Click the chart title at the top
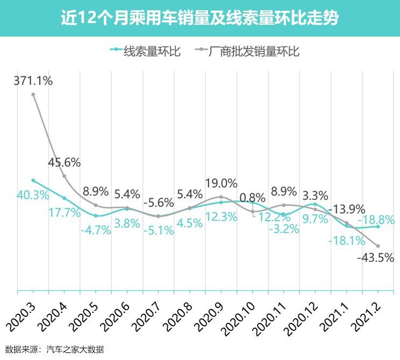[199, 18]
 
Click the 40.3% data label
[33, 195]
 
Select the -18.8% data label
[377, 219]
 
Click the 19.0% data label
[220, 183]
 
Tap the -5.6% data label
[158, 203]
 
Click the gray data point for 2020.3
[33, 95]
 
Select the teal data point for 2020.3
[33, 181]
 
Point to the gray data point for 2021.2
[378, 246]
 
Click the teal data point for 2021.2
[378, 226]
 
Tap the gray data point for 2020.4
[65, 176]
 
